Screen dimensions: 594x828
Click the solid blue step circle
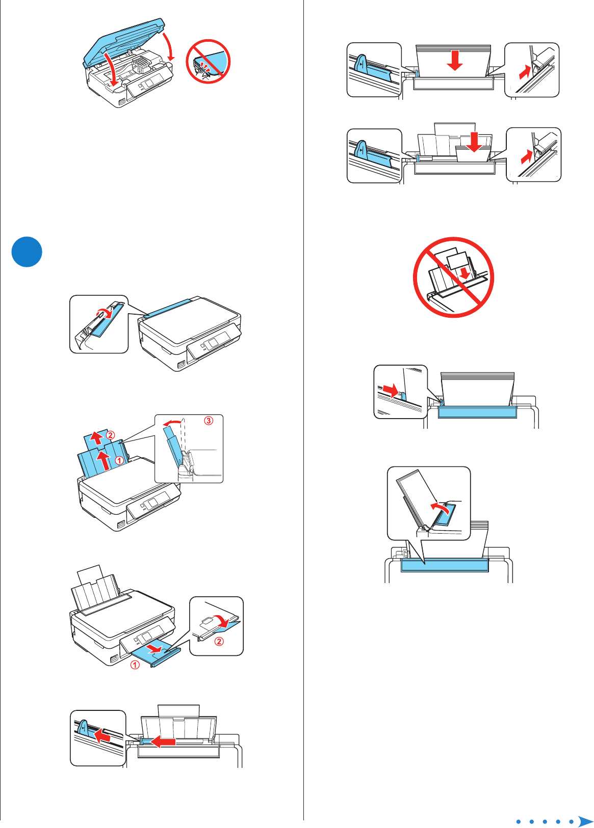pos(27,252)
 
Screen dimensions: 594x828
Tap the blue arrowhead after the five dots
pos(585,821)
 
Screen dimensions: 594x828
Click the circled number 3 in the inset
pos(209,421)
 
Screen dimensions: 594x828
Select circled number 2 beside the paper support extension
pos(111,435)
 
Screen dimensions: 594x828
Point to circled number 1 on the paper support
pos(119,460)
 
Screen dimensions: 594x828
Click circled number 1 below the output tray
pos(135,665)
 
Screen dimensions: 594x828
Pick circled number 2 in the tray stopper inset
pos(219,641)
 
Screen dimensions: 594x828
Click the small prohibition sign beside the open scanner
pos(208,62)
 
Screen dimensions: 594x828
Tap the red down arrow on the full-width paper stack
pos(454,60)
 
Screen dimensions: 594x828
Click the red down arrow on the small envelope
pos(474,142)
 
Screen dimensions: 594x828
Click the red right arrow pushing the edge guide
pos(391,391)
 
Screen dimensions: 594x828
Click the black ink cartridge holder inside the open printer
pos(140,65)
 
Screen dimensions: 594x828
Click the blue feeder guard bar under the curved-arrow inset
pos(445,565)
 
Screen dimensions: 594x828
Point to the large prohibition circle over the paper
pos(453,278)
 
